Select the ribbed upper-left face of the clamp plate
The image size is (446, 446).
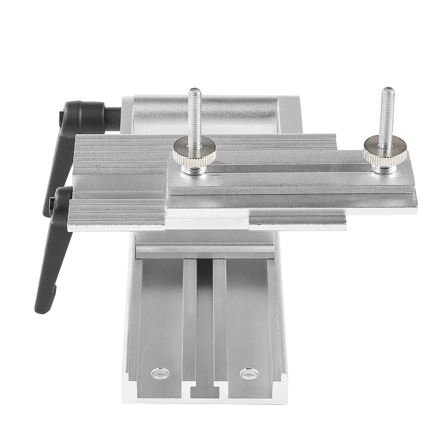pos(120,153)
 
